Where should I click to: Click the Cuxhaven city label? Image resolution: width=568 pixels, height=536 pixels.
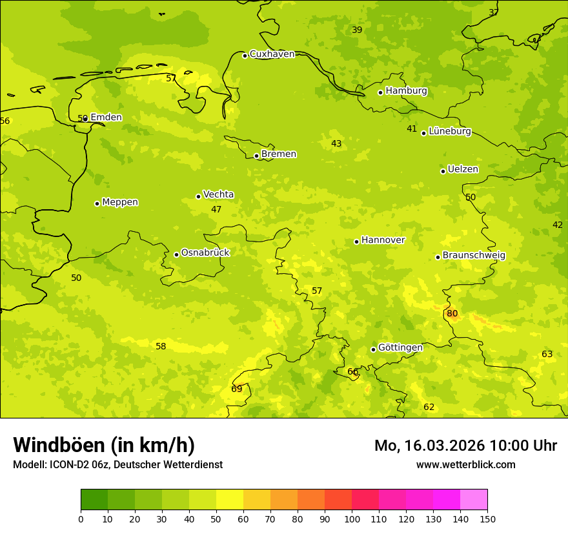pyautogui.click(x=272, y=54)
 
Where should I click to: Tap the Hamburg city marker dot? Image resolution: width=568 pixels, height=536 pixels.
pyautogui.click(x=381, y=92)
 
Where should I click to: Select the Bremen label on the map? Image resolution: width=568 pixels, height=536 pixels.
pyautogui.click(x=279, y=154)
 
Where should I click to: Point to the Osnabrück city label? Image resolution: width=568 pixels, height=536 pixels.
pyautogui.click(x=205, y=253)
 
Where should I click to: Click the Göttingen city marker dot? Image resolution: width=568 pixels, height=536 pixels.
pyautogui.click(x=373, y=349)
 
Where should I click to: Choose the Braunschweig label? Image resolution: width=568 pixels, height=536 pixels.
pyautogui.click(x=474, y=256)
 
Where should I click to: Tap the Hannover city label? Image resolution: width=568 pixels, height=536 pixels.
pyautogui.click(x=383, y=240)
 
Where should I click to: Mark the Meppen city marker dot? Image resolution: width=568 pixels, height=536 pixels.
pyautogui.click(x=97, y=203)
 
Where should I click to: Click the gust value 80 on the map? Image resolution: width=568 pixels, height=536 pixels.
pyautogui.click(x=452, y=314)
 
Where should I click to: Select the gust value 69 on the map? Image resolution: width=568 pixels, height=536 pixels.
pyautogui.click(x=237, y=389)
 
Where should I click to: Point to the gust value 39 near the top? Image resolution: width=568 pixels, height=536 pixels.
pyautogui.click(x=357, y=30)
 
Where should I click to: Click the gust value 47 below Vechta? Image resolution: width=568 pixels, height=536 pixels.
pyautogui.click(x=216, y=210)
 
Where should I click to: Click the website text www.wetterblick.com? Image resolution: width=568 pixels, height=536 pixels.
pyautogui.click(x=465, y=465)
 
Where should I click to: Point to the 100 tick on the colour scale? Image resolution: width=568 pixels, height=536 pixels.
pyautogui.click(x=352, y=519)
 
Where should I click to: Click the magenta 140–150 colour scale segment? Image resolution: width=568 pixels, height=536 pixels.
pyautogui.click(x=474, y=499)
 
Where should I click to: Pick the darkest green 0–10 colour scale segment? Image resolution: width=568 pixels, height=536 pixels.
pyautogui.click(x=94, y=499)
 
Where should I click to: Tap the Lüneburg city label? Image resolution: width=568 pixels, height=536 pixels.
pyautogui.click(x=450, y=132)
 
